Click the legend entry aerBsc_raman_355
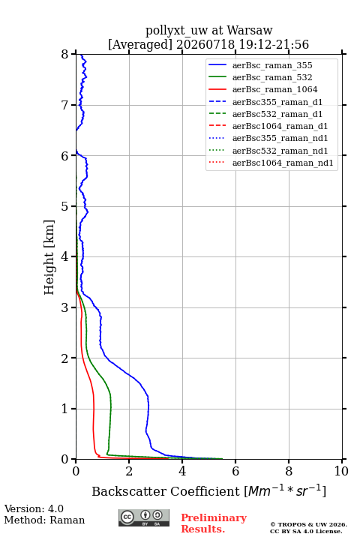(x=272, y=65)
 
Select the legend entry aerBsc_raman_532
(x=272, y=77)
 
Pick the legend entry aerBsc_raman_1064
(x=275, y=89)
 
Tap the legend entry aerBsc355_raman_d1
(x=277, y=102)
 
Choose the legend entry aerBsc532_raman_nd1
(x=280, y=151)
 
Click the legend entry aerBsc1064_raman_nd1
(x=283, y=163)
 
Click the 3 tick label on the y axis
(x=65, y=307)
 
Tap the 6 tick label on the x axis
(x=235, y=471)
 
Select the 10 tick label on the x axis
(x=341, y=471)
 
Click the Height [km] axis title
(x=49, y=257)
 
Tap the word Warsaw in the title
(x=250, y=30)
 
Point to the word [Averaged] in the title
(x=139, y=44)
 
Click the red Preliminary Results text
(x=214, y=523)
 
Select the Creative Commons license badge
(x=144, y=518)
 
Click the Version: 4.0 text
(x=34, y=508)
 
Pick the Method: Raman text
(x=44, y=520)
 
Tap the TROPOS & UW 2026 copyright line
(x=309, y=524)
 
